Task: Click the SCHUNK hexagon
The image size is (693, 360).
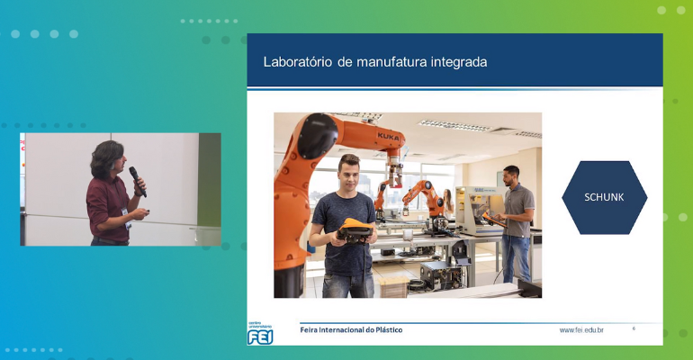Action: pyautogui.click(x=604, y=197)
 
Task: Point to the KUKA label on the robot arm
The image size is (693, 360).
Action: pyautogui.click(x=389, y=136)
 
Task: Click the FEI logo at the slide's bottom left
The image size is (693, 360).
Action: pyautogui.click(x=261, y=335)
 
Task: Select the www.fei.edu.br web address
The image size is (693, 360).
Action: pyautogui.click(x=581, y=330)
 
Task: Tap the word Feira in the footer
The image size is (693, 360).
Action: pyautogui.click(x=310, y=330)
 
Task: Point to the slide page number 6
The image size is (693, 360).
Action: pyautogui.click(x=634, y=328)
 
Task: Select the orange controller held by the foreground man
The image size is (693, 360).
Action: pyautogui.click(x=357, y=229)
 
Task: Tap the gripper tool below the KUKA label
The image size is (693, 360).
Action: pyautogui.click(x=393, y=171)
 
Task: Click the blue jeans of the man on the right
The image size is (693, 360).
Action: pyautogui.click(x=516, y=258)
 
